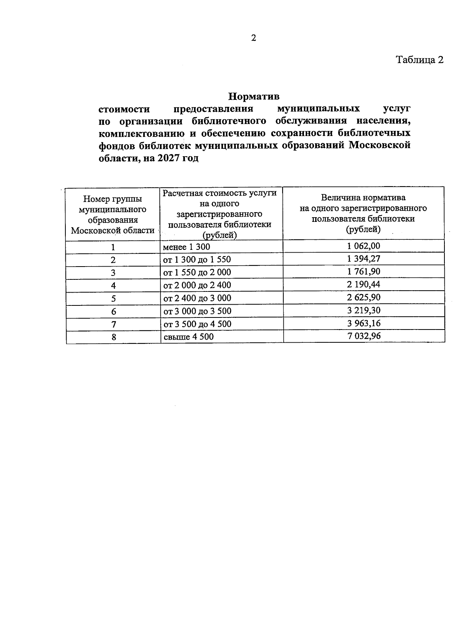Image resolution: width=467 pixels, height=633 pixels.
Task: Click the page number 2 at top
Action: (254, 38)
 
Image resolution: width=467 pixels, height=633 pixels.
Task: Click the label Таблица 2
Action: (420, 60)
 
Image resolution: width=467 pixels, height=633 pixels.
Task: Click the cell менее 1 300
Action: (187, 247)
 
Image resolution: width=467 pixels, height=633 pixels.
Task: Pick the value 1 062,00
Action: (364, 246)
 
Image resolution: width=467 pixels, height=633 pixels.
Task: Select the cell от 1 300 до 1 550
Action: (197, 260)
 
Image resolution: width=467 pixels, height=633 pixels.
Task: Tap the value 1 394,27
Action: (364, 259)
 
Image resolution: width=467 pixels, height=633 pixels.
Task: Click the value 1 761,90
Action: (364, 272)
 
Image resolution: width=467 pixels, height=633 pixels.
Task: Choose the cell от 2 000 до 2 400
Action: (197, 285)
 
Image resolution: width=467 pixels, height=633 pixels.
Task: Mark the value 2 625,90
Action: (364, 297)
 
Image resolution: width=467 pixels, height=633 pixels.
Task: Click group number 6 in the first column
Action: (114, 312)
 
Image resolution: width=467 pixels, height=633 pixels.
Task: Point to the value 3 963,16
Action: (364, 323)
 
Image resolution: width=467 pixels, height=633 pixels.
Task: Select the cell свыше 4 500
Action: (188, 337)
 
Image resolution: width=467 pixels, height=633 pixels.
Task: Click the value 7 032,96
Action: (364, 336)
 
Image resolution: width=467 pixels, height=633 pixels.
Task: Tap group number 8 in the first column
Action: (114, 337)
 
